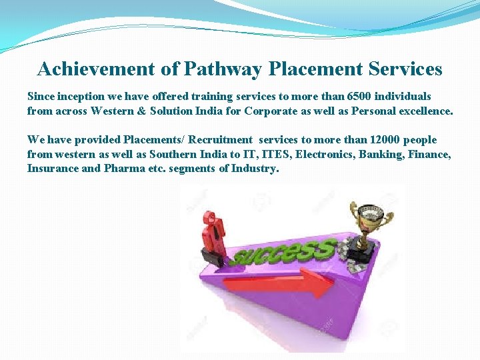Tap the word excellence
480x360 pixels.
point(421,111)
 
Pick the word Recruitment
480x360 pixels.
point(220,139)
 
